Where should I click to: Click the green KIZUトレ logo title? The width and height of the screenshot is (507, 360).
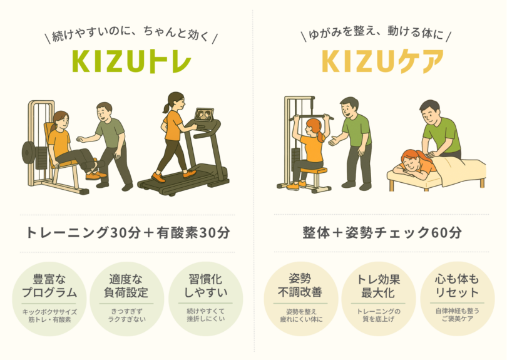click(131, 61)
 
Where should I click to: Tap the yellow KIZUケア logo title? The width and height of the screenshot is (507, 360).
click(382, 61)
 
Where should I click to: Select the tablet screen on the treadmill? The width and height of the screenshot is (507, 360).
click(204, 115)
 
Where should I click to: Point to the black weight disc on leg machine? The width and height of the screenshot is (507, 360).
click(28, 152)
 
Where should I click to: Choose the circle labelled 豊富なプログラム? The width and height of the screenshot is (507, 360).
click(49, 299)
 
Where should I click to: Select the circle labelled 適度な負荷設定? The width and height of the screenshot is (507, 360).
click(126, 299)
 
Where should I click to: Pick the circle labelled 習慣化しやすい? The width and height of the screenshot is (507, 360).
click(206, 299)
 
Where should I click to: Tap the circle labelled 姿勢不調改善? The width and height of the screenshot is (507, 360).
click(300, 299)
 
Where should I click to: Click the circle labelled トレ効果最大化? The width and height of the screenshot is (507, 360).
click(378, 299)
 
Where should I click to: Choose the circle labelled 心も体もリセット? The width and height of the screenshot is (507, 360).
click(457, 299)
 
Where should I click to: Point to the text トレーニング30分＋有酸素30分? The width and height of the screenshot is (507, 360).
click(128, 232)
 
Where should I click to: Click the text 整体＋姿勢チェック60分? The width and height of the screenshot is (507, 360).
click(382, 232)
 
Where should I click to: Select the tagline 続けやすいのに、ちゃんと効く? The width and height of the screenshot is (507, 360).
click(131, 34)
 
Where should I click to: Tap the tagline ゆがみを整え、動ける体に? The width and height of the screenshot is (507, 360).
click(376, 33)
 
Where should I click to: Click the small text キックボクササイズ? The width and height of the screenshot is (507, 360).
click(49, 312)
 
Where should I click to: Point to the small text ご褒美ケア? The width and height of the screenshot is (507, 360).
click(457, 319)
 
